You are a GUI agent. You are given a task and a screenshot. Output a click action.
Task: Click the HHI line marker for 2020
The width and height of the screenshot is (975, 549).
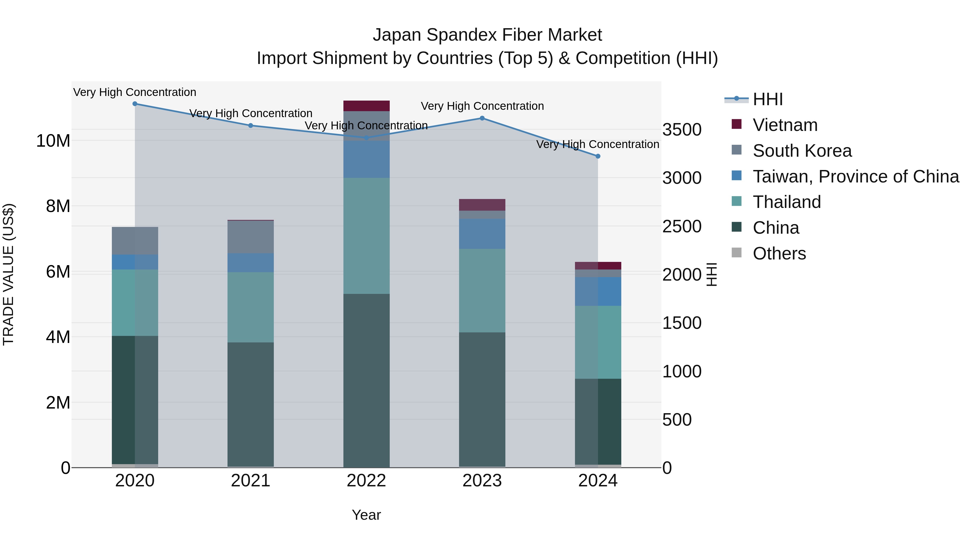point(135,104)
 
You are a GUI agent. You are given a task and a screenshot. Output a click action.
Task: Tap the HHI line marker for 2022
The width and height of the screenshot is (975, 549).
point(366,138)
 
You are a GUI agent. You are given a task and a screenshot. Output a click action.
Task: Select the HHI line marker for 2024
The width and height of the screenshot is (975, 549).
point(598,156)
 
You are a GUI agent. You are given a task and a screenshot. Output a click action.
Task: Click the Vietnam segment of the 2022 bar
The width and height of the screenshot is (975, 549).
point(366,106)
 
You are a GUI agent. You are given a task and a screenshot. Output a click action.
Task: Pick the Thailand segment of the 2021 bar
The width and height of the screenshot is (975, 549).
point(251,307)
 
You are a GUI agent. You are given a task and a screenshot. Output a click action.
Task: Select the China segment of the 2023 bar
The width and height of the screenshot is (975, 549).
point(482,400)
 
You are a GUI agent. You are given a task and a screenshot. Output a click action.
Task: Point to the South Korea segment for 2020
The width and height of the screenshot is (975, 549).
point(135,241)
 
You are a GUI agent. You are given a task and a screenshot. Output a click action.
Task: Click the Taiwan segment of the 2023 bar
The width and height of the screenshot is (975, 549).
point(482,234)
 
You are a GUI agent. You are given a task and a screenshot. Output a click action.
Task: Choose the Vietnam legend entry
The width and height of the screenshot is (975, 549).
point(785,125)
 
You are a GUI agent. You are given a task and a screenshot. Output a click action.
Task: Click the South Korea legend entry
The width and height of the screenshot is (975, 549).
point(802,151)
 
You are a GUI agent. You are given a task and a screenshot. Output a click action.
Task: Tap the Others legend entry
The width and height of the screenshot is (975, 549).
point(779,253)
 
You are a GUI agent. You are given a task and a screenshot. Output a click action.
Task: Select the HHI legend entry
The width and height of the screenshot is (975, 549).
point(768,99)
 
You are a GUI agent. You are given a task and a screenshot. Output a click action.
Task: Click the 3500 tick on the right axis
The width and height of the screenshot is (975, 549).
point(682,130)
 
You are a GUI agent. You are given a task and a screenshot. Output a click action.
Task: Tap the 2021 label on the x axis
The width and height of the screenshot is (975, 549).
point(251,481)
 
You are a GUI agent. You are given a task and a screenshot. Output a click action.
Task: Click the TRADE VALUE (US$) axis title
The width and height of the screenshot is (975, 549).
point(8,274)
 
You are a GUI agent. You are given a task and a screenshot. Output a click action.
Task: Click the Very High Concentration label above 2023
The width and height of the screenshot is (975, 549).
point(482,106)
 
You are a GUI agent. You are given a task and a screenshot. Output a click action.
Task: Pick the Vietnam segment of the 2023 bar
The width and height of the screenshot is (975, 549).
point(482,205)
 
